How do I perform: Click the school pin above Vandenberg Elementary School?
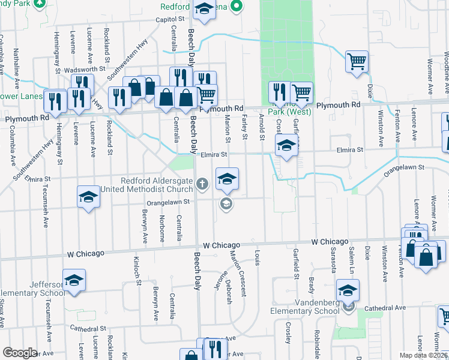[348, 290]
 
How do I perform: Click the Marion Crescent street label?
[237, 273]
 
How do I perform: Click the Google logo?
[20, 353]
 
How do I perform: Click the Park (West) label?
[288, 112]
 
